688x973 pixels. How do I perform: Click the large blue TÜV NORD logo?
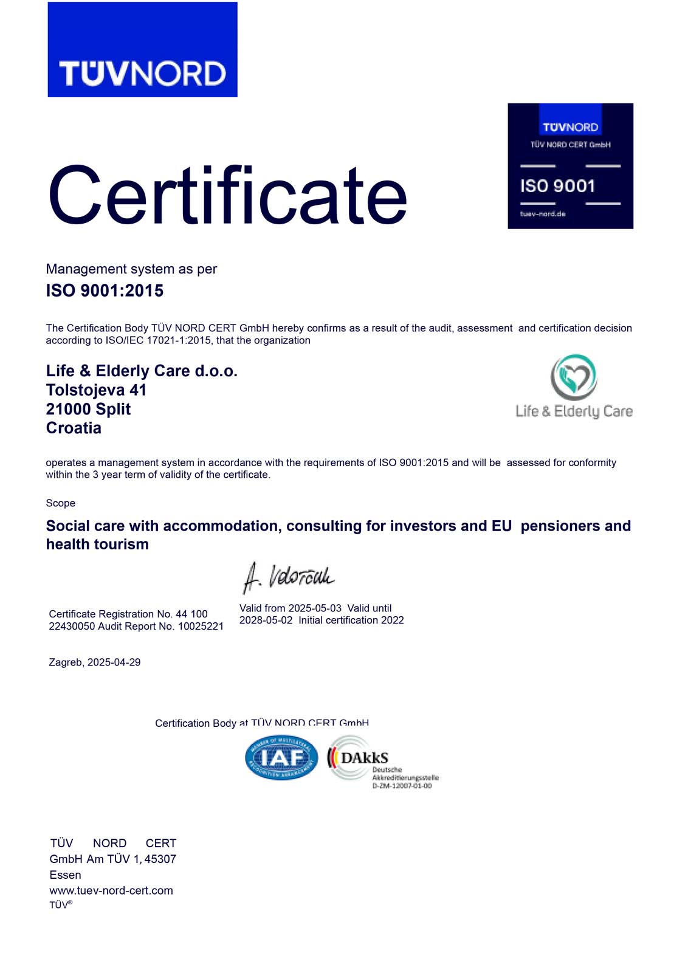point(142,50)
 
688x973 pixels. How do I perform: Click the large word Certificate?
point(227,196)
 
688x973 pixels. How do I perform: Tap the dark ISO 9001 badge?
point(570,166)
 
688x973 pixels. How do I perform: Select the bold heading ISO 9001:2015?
point(105,291)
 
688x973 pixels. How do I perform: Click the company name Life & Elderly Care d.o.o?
point(142,371)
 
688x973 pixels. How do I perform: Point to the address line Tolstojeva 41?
point(96,390)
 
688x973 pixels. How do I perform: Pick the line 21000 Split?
point(88,409)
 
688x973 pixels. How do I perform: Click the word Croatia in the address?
point(74,428)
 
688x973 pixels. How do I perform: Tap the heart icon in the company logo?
point(574,377)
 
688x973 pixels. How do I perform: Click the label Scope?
point(61,503)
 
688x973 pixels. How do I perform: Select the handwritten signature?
point(288,576)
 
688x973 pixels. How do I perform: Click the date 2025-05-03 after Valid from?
point(315,608)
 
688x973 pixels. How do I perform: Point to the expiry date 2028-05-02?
point(266,620)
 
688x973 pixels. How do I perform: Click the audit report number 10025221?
point(201,626)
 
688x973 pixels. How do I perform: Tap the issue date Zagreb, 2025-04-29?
point(95,662)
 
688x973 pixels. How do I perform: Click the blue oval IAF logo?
point(281,758)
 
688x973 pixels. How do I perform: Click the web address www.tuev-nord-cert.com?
point(111,890)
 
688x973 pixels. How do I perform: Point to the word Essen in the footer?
point(66,875)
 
